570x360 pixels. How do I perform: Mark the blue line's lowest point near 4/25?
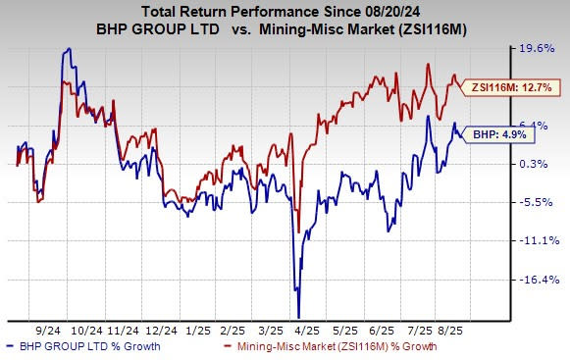click(298, 315)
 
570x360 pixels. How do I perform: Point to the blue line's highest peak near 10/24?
click(67, 48)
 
